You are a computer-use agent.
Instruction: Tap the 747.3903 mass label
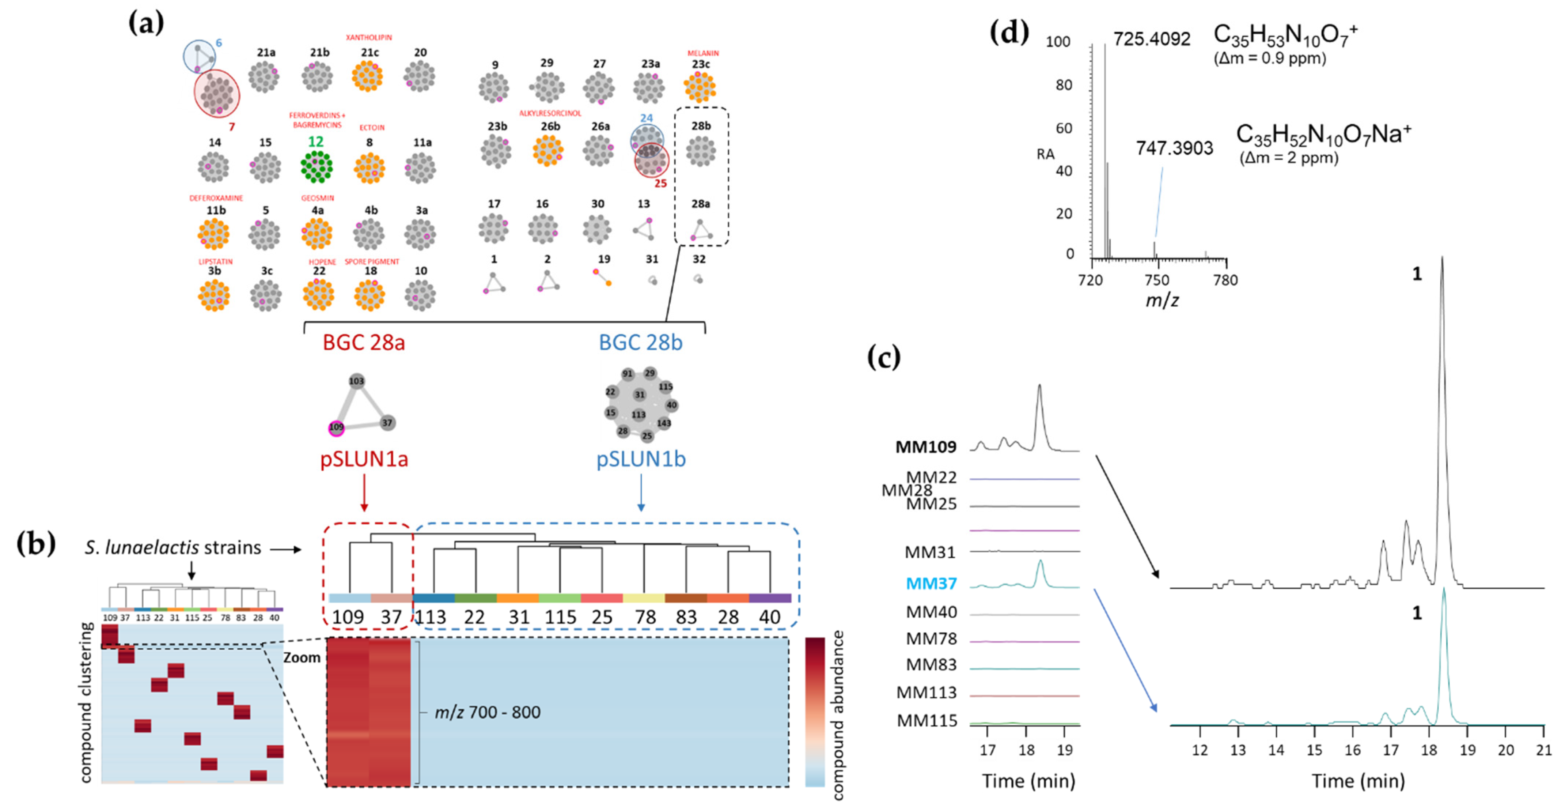point(1174,148)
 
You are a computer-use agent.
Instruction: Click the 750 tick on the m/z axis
point(1157,280)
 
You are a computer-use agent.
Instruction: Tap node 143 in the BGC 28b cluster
point(664,423)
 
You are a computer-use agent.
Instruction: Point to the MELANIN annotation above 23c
point(703,53)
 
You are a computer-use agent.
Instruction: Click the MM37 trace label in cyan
point(931,583)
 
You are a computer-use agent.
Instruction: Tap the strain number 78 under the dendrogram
point(645,617)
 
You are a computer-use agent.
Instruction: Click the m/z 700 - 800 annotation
point(487,712)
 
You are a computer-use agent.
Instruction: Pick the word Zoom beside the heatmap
point(302,657)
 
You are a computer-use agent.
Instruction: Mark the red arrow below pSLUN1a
point(364,492)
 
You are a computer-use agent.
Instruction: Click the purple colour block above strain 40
point(770,599)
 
